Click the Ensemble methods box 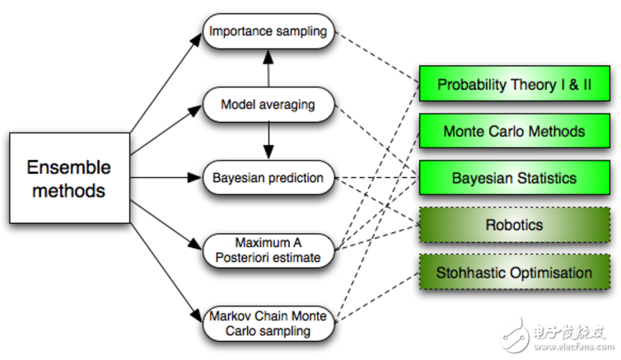[x=68, y=179]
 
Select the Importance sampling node [x=268, y=31]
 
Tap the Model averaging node [x=268, y=105]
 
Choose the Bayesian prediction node [x=268, y=177]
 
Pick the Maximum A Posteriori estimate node [x=268, y=250]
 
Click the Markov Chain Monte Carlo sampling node [x=268, y=324]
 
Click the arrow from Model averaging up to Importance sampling [x=267, y=68]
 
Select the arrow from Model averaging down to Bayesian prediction [x=267, y=141]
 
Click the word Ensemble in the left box [x=68, y=168]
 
